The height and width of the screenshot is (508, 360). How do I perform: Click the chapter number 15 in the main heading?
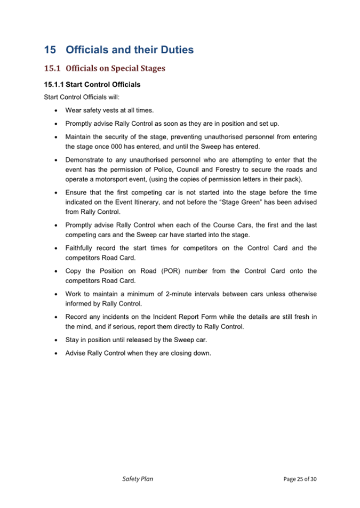click(x=50, y=50)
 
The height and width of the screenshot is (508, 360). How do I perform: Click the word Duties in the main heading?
click(x=175, y=50)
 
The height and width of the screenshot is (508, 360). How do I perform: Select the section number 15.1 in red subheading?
click(x=52, y=69)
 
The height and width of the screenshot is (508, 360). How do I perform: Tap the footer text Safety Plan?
click(x=138, y=479)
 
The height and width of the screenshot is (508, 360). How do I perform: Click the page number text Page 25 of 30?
click(x=300, y=479)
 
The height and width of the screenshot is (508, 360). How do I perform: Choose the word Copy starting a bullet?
click(x=74, y=271)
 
